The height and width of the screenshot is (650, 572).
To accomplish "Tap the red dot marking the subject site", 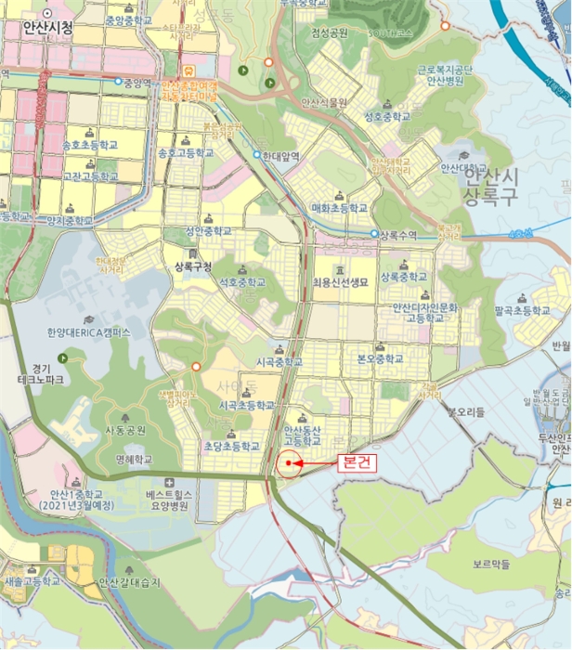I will click(290, 461).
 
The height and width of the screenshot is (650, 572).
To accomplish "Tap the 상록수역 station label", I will click(401, 235).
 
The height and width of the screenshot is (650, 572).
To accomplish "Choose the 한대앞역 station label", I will click(281, 156).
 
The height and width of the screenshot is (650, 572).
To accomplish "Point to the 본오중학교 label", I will click(381, 358).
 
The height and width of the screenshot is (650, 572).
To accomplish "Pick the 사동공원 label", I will click(124, 432).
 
